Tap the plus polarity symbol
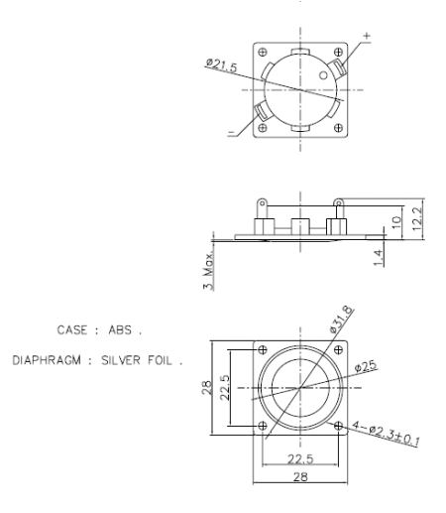point(368,37)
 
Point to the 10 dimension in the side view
point(396,221)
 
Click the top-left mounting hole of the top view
point(263,52)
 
